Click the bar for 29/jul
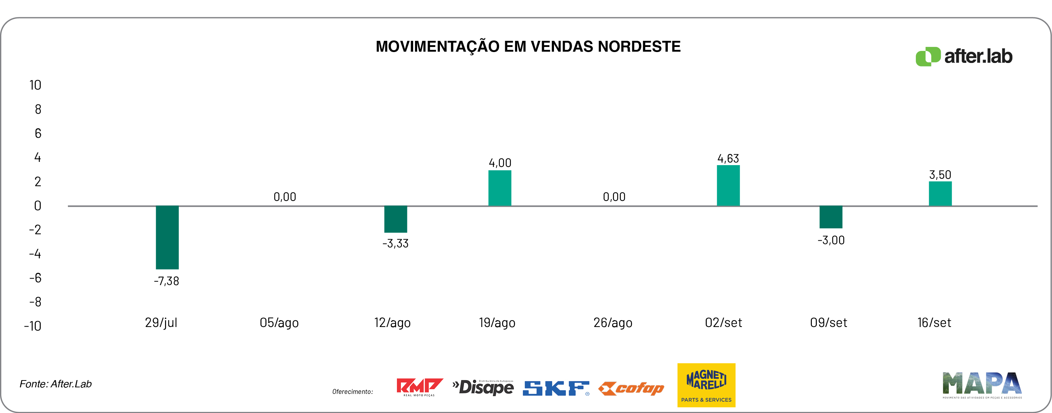(x=167, y=237)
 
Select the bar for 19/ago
(x=499, y=188)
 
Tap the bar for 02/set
(x=728, y=185)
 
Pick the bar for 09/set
(x=831, y=217)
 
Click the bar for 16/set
(x=940, y=194)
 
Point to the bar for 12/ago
(x=395, y=219)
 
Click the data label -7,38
(x=166, y=281)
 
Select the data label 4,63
(x=728, y=158)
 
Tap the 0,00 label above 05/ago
(x=285, y=197)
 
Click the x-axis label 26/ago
(x=612, y=323)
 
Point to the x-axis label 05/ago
(x=279, y=323)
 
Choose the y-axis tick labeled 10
(x=35, y=85)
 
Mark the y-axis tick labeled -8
(x=35, y=302)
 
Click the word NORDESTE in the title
(x=639, y=47)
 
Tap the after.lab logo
(x=964, y=56)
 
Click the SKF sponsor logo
(x=556, y=388)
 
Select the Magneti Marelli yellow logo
(x=706, y=385)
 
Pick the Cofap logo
(x=631, y=388)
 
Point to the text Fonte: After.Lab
(x=56, y=384)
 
